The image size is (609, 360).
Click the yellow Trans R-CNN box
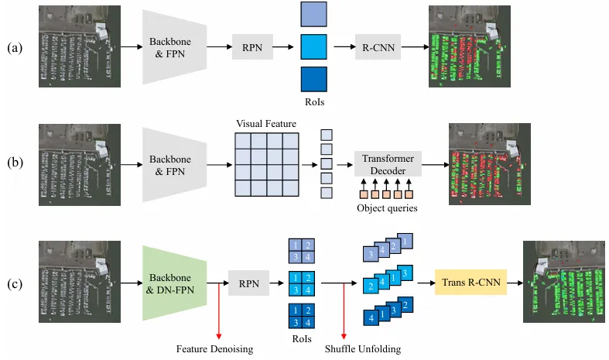point(468,284)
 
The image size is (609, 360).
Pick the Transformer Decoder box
point(387,163)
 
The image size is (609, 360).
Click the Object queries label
point(386,207)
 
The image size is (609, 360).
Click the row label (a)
point(15,48)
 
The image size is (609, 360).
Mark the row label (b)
point(15,163)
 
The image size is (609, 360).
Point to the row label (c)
point(15,284)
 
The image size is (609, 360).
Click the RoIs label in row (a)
point(313,101)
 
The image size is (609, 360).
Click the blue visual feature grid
point(266,164)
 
